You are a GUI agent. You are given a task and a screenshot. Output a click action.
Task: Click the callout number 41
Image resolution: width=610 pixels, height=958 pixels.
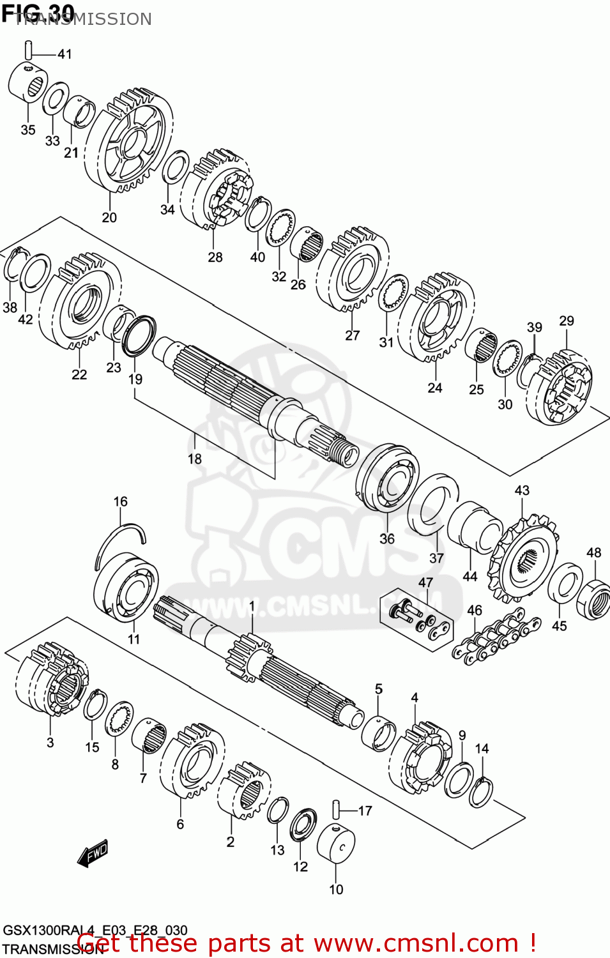[65, 54]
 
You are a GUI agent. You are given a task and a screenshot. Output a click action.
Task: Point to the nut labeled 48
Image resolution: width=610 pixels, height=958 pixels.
[593, 598]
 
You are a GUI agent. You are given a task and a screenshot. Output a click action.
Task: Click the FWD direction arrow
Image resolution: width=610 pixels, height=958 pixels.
[93, 853]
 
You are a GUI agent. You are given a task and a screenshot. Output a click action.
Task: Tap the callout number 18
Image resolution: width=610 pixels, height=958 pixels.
[195, 459]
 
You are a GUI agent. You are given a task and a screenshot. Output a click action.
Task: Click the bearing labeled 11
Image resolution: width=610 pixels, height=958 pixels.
[126, 587]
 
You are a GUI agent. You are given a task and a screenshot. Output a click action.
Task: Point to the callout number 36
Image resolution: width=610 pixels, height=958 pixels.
[387, 538]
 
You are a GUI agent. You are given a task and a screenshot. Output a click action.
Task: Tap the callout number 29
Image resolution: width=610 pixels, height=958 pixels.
[566, 321]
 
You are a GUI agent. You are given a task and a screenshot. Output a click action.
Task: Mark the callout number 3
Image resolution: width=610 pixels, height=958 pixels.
[50, 742]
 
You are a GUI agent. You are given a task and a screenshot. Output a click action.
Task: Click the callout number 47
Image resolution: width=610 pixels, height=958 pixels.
[425, 582]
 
